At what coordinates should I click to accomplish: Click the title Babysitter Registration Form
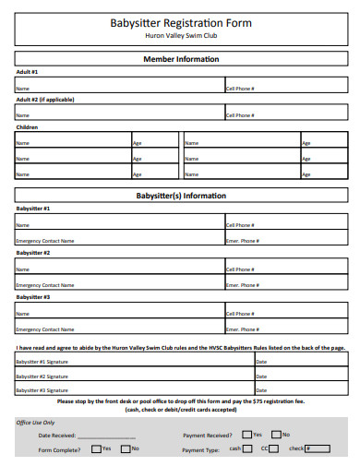pos(180,22)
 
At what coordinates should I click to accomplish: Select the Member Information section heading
pos(181,59)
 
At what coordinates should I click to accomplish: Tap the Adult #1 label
pos(27,72)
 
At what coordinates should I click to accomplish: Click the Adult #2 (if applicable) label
pos(45,99)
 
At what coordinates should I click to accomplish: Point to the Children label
pos(28,127)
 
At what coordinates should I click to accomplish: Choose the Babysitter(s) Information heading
pos(181,196)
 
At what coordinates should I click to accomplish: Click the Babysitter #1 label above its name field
pos(33,209)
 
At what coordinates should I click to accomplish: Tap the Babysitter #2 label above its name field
pos(33,252)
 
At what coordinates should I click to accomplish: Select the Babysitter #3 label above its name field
pos(33,297)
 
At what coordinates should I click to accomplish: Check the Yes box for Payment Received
pos(246,434)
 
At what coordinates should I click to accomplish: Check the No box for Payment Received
pos(275,434)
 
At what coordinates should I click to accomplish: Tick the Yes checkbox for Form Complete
pos(96,448)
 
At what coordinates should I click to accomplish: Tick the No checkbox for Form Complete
pos(125,448)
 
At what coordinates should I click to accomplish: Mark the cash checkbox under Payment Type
pos(248,448)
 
